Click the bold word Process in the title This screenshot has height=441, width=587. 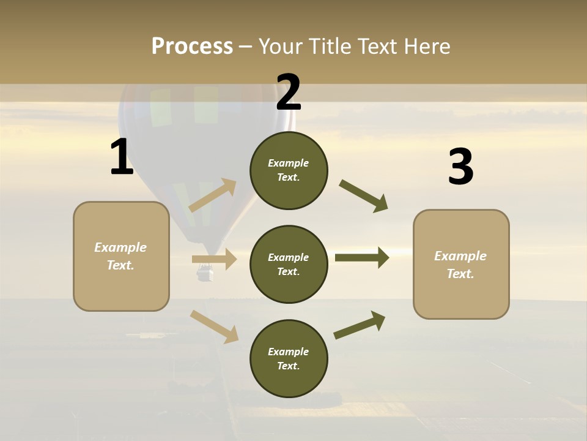192,47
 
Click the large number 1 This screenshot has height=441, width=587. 122,157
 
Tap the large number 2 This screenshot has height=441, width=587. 289,92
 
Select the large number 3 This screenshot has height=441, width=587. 460,167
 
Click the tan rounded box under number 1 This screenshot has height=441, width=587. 121,256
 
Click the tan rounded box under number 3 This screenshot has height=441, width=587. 461,264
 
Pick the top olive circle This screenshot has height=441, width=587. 289,170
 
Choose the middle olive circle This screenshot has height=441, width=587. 289,264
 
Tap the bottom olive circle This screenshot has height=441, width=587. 289,358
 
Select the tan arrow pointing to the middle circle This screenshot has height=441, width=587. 215,259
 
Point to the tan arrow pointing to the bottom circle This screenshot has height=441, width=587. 215,326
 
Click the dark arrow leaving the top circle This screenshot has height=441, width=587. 364,196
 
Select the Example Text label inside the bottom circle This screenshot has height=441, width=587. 289,358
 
